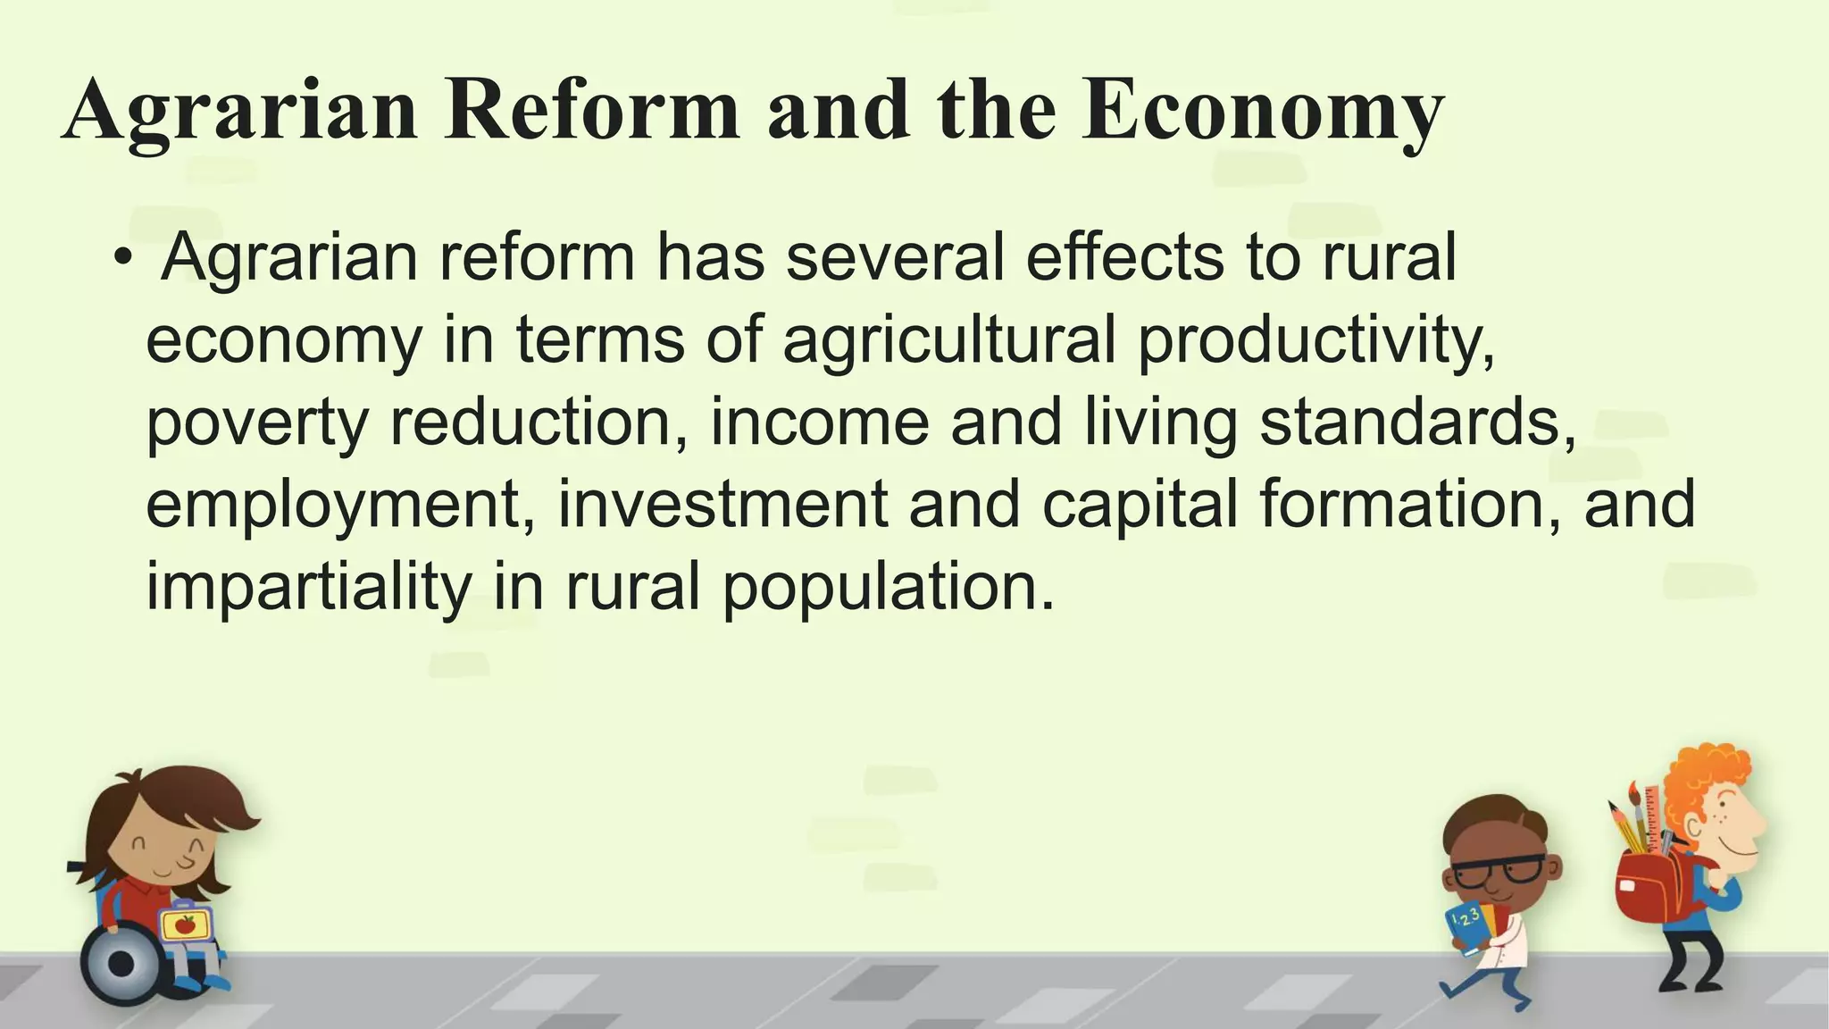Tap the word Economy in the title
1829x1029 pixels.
1262,113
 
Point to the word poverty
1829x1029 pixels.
256,423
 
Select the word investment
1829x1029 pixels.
722,504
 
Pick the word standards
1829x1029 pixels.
1417,422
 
